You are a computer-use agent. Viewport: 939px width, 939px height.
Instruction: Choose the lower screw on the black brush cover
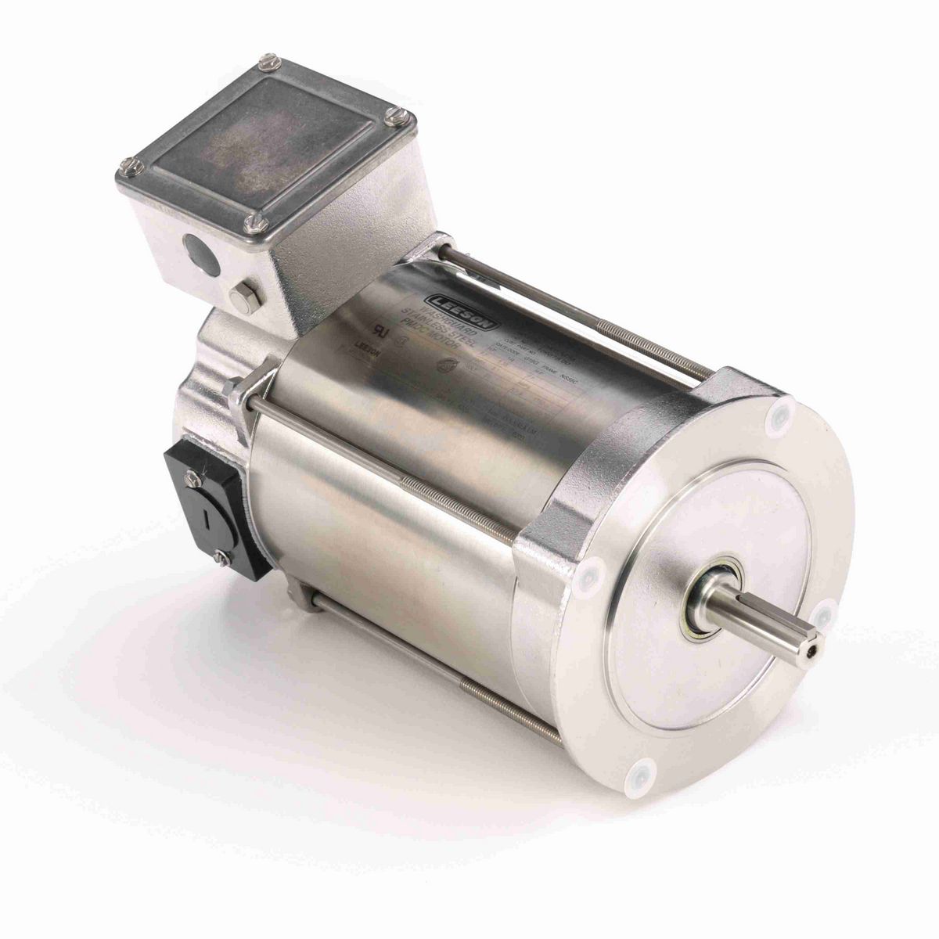(219, 556)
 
